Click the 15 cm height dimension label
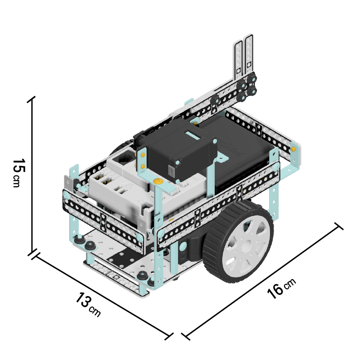18,173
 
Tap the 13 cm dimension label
88,305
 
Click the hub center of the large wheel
246,246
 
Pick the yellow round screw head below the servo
158,181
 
